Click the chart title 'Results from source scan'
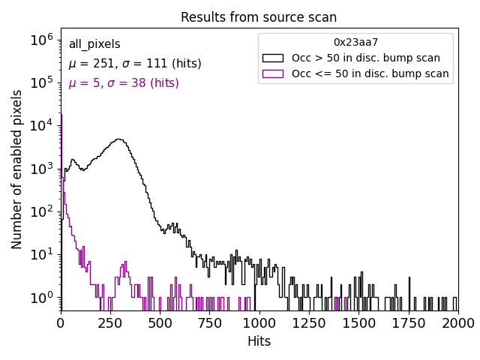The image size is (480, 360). point(259,17)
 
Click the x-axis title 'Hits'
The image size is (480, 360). point(259,341)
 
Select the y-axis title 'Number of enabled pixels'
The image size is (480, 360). point(17,169)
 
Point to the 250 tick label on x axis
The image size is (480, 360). point(110,322)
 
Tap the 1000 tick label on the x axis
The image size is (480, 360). point(259,322)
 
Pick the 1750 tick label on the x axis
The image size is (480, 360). point(408,322)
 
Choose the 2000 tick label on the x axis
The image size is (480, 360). point(457,322)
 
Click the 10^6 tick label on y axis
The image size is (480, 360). point(41,39)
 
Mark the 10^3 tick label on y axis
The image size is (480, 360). point(41,169)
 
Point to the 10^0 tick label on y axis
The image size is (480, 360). point(41,298)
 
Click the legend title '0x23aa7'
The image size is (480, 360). point(355,42)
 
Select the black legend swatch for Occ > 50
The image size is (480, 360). point(273,58)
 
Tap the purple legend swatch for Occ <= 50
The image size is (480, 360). point(273,73)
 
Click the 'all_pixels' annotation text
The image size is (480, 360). point(94,45)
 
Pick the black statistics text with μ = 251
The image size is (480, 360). point(134,64)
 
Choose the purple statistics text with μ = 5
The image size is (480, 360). point(123,82)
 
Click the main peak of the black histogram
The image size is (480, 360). point(118,139)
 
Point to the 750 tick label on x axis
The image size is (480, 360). point(209,322)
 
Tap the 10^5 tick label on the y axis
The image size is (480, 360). point(41,82)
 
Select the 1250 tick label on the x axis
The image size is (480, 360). point(308,322)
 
